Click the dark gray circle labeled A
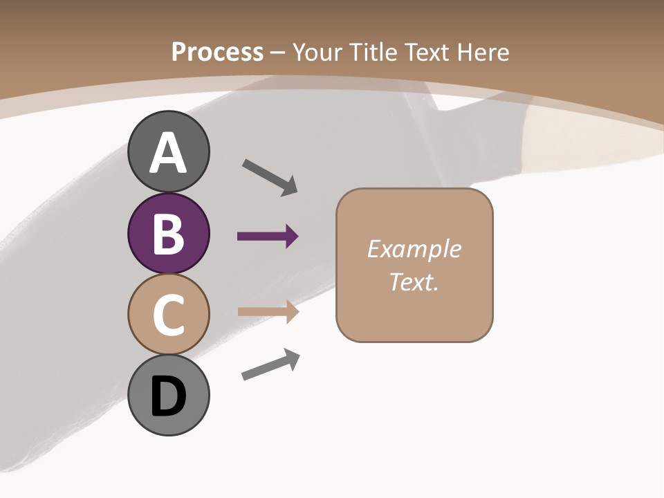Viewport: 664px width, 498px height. [168, 152]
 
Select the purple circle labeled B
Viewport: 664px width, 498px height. [168, 233]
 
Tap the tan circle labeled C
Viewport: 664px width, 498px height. [168, 314]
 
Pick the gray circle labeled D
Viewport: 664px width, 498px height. [168, 395]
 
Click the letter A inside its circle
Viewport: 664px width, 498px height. [168, 153]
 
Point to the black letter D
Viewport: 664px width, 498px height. [168, 396]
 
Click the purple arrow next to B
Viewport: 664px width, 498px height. [267, 237]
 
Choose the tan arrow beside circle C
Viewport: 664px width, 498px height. [267, 312]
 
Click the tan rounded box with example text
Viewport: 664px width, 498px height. [414, 265]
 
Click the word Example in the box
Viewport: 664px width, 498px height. [414, 249]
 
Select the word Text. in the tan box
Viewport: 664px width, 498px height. [414, 282]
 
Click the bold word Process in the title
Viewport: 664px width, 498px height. [217, 52]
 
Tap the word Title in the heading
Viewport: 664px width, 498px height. [372, 52]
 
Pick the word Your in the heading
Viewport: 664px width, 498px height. [318, 52]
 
